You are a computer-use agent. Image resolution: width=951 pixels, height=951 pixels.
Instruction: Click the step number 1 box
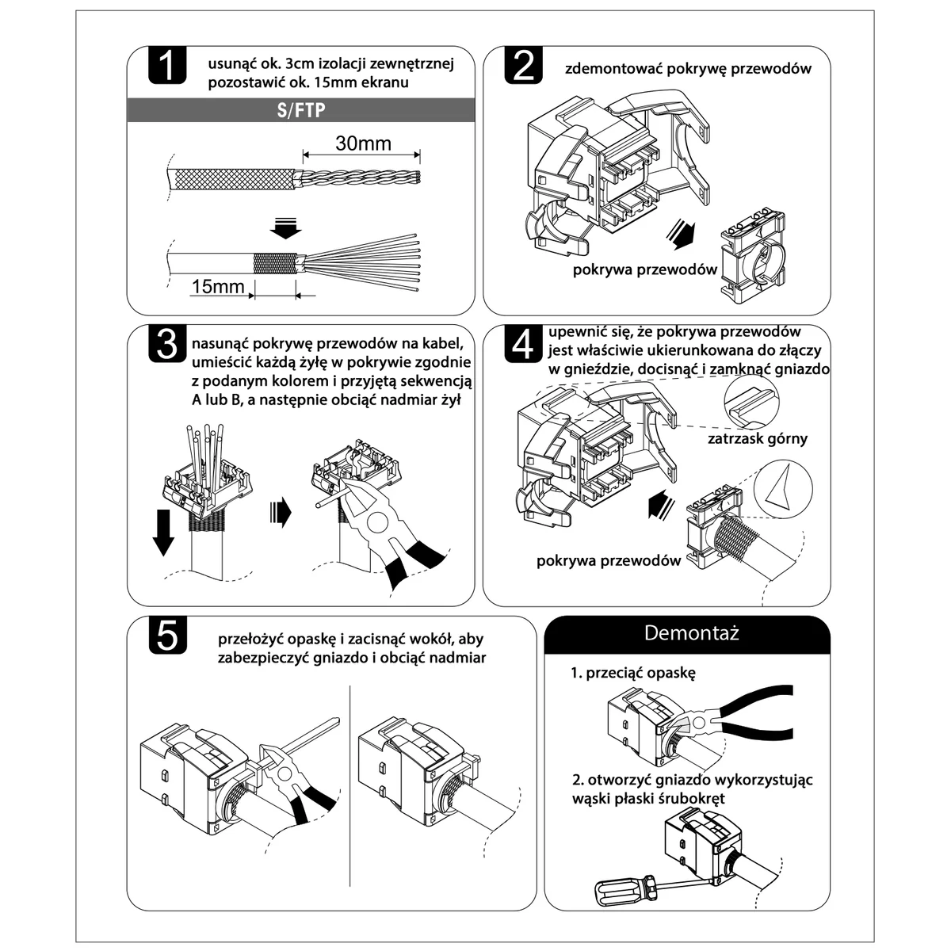point(166,65)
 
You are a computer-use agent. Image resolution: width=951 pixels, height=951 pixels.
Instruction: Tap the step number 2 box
point(524,65)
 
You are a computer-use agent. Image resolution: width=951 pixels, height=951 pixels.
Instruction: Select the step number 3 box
point(167,344)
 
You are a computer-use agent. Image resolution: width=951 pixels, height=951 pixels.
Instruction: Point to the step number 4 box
point(524,344)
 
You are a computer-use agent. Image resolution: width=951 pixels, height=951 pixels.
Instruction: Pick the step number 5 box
point(167,636)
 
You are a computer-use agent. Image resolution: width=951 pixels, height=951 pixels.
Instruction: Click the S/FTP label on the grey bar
point(302,110)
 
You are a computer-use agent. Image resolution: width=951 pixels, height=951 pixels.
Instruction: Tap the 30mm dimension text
point(363,143)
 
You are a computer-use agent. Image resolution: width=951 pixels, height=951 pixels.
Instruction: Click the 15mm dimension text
point(217,285)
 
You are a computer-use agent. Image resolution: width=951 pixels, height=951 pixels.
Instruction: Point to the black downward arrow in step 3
point(163,532)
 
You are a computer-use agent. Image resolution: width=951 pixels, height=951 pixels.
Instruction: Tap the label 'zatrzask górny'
point(758,438)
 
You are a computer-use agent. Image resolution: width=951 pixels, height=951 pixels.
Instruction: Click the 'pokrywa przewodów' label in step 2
point(645,269)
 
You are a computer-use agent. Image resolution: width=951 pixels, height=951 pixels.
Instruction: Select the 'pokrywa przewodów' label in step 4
point(609,560)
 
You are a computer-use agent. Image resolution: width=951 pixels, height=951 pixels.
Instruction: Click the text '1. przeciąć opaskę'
point(632,673)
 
